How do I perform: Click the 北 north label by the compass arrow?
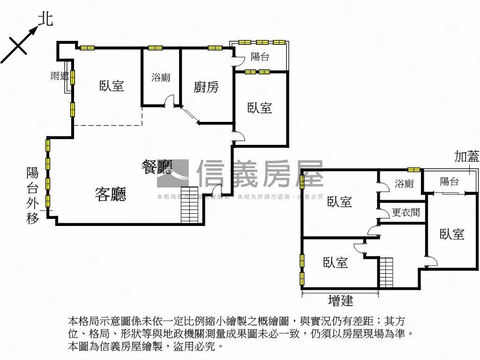(x=45, y=18)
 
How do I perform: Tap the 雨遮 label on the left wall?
(x=60, y=76)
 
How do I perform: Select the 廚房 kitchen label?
(x=206, y=87)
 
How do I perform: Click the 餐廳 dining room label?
(x=157, y=167)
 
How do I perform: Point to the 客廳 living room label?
(x=111, y=194)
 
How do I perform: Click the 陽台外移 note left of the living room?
(x=32, y=195)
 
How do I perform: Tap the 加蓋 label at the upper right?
(x=466, y=157)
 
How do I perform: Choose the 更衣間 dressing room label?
(x=405, y=213)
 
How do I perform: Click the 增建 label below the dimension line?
(x=341, y=300)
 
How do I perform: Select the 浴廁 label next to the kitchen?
(x=161, y=77)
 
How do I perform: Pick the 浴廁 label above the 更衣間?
(x=404, y=183)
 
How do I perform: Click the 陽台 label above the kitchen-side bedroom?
(x=260, y=57)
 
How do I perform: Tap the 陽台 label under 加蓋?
(x=449, y=181)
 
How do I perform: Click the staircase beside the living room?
(x=192, y=205)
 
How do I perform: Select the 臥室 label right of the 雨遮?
(x=112, y=86)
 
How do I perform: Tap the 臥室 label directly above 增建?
(x=336, y=262)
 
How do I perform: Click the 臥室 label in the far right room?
(x=452, y=234)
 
